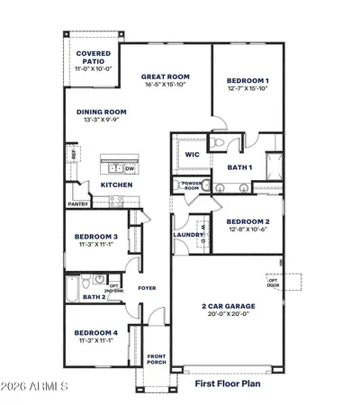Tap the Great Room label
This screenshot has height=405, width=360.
click(x=162, y=77)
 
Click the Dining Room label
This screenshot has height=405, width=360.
click(x=101, y=112)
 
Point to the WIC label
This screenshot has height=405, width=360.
click(x=192, y=154)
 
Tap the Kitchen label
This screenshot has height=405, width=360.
click(x=117, y=184)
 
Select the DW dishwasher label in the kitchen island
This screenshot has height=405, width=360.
click(x=130, y=167)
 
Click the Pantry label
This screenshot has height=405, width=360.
click(x=78, y=204)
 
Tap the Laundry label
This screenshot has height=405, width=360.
click(x=188, y=235)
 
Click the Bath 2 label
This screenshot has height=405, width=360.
click(x=94, y=296)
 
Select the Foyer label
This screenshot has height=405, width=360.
click(x=147, y=288)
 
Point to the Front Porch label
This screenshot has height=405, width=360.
click(x=157, y=359)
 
